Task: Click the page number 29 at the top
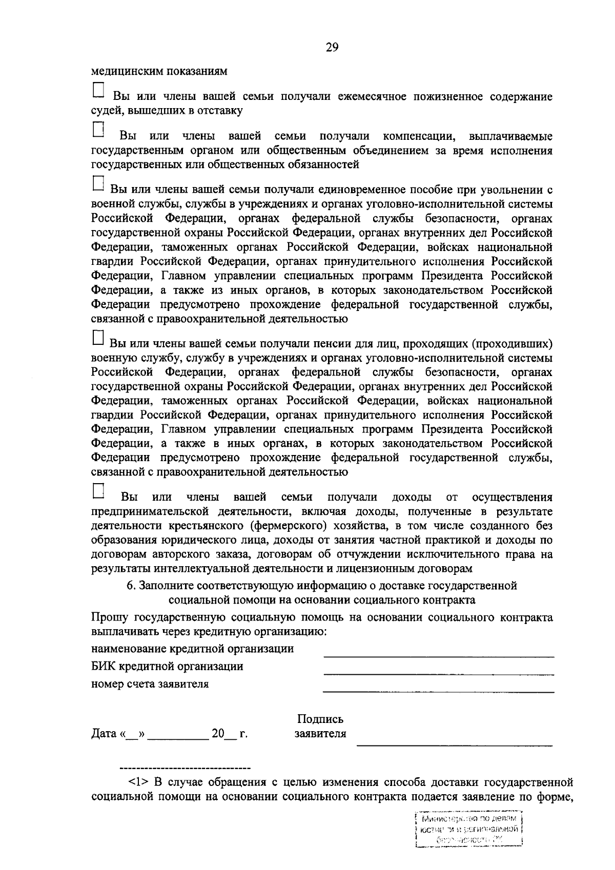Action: click(x=332, y=48)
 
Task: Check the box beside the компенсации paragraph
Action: click(x=98, y=129)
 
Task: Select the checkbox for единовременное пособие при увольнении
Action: click(x=98, y=183)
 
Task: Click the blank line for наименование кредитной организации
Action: click(x=438, y=655)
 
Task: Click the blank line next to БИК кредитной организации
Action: click(x=438, y=673)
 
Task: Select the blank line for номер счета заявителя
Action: click(x=438, y=691)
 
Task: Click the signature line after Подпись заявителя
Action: click(x=454, y=743)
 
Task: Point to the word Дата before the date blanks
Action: click(x=105, y=734)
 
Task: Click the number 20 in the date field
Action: click(x=218, y=734)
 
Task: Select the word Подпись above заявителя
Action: click(x=320, y=719)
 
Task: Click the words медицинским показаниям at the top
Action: click(x=159, y=71)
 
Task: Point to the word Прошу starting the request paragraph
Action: click(x=108, y=617)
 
